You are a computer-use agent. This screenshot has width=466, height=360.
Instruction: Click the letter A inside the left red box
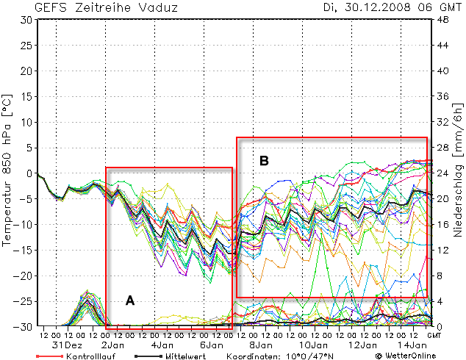[x=130, y=300]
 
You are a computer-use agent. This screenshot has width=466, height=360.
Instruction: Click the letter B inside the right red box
[x=264, y=160]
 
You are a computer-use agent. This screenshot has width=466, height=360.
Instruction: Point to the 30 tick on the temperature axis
[x=26, y=20]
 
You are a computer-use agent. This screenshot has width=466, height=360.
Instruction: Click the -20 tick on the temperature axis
[x=24, y=276]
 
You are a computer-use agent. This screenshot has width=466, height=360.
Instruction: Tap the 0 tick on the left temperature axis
[x=29, y=173]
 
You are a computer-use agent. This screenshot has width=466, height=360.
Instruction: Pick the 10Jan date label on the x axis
[x=312, y=345]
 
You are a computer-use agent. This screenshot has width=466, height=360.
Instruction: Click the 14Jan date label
[x=412, y=345]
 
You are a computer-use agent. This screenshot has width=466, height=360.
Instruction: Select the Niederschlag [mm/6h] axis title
[x=457, y=173]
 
